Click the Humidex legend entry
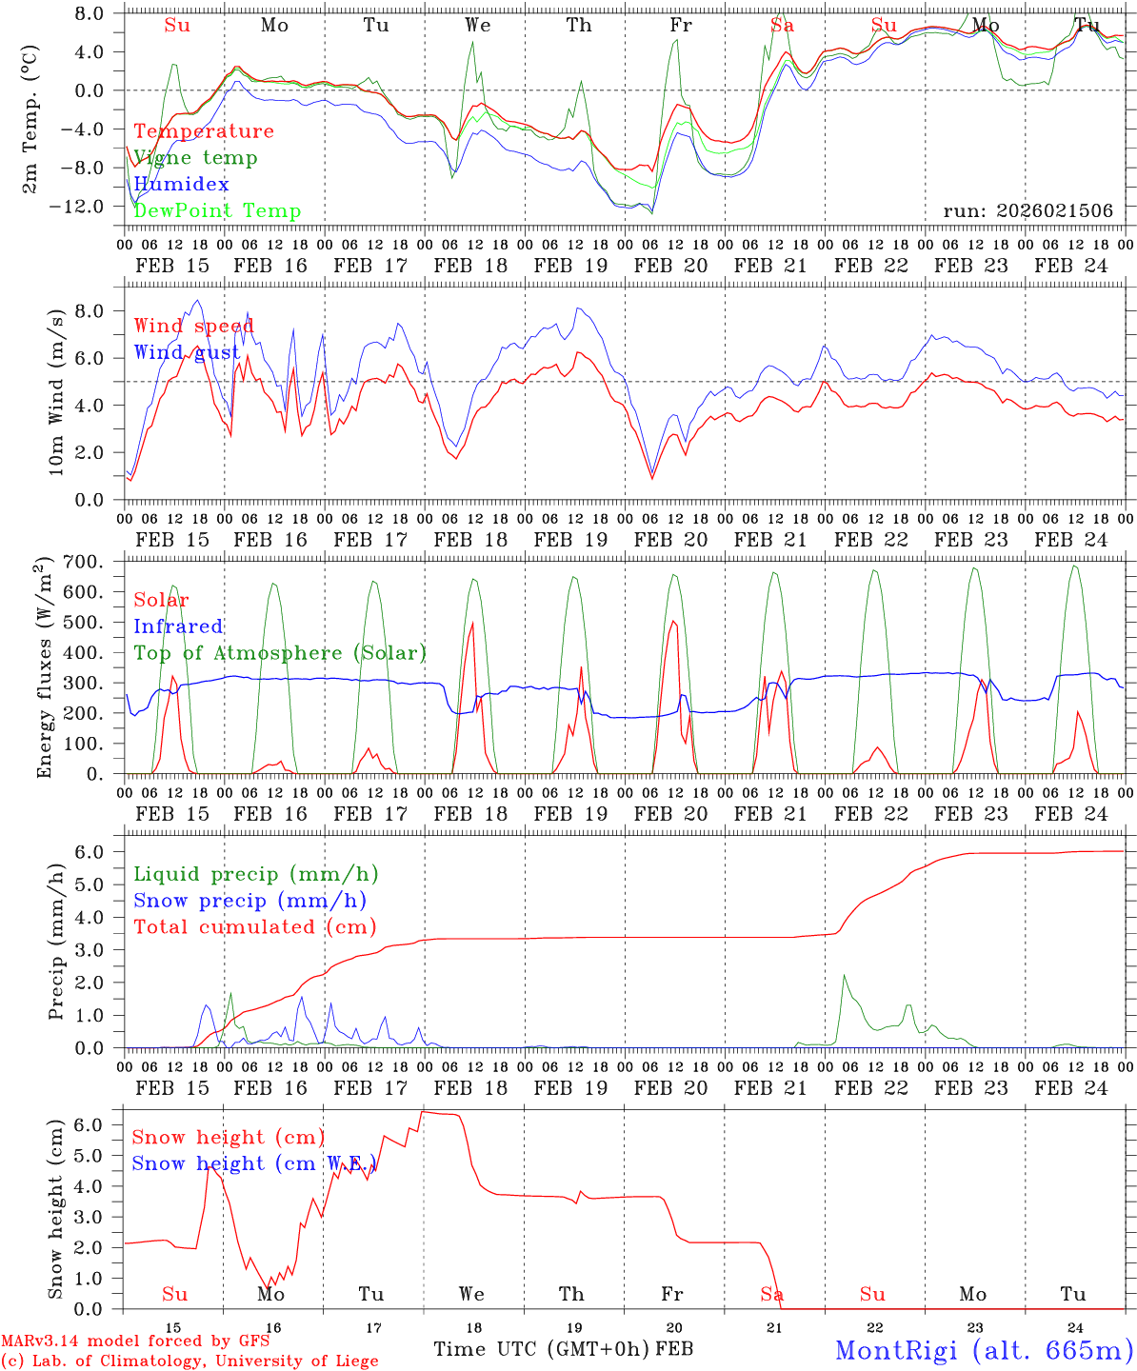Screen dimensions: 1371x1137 pyautogui.click(x=181, y=184)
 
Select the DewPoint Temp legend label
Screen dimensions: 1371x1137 pyautogui.click(x=217, y=210)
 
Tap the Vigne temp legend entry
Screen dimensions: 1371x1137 pyautogui.click(x=195, y=157)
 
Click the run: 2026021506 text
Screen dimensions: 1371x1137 pyautogui.click(x=1027, y=210)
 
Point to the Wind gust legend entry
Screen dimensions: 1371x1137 pyautogui.click(x=187, y=352)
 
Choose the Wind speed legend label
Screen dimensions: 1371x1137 pyautogui.click(x=193, y=326)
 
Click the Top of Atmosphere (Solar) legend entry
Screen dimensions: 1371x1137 pyautogui.click(x=280, y=653)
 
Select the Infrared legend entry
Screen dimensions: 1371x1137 pyautogui.click(x=178, y=626)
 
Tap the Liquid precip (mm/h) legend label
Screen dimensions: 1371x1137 pyautogui.click(x=256, y=874)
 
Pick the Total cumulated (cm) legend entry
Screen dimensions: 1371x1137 pyautogui.click(x=254, y=926)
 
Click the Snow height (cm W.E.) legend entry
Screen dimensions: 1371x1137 pyautogui.click(x=254, y=1163)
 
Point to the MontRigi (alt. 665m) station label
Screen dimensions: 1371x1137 pyautogui.click(x=984, y=1349)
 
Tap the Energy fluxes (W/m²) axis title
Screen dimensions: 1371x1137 pyautogui.click(x=44, y=669)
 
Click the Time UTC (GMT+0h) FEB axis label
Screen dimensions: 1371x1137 pyautogui.click(x=563, y=1349)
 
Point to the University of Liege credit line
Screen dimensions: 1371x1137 pyautogui.click(x=189, y=1361)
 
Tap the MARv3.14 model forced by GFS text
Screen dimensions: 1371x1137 pyautogui.click(x=135, y=1341)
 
